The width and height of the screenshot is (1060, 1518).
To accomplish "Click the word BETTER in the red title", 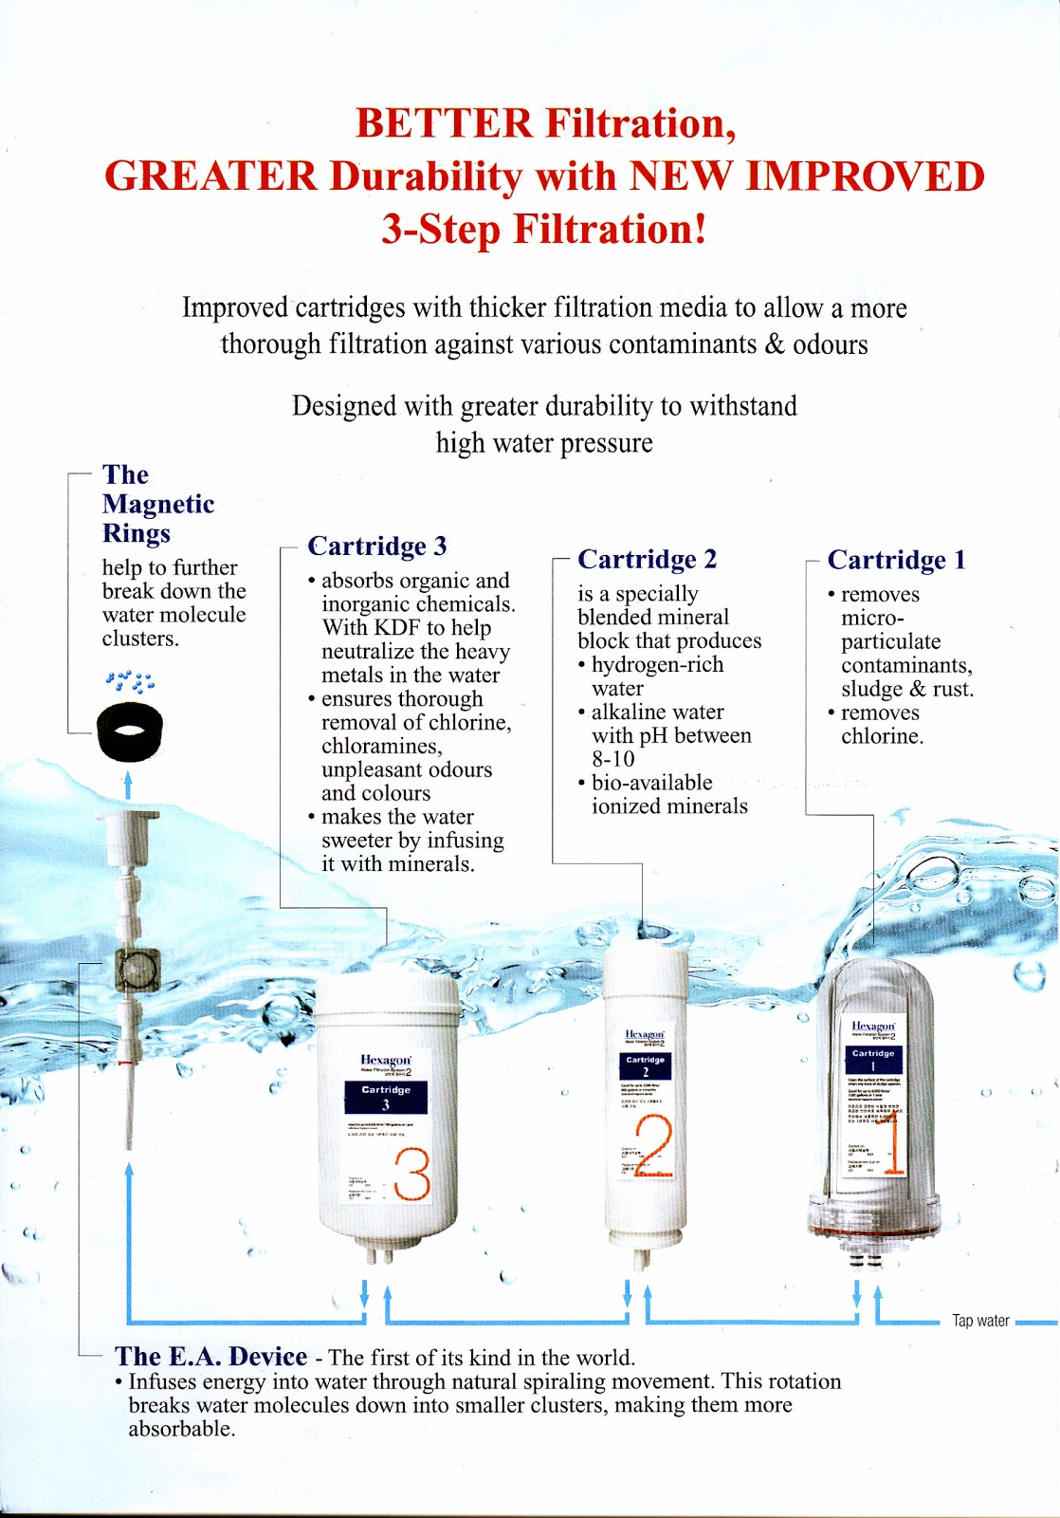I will pos(444,123).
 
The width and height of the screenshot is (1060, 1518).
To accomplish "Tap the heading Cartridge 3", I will pos(376,546).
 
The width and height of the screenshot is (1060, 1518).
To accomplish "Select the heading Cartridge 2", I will pos(647,559).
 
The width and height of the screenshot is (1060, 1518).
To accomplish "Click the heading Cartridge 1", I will pos(896,560).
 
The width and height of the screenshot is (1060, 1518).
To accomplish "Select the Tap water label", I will pos(980,1321).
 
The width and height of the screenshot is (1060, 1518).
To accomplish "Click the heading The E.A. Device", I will pos(210,1356).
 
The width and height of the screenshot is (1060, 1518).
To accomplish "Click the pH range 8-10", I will pos(613,759).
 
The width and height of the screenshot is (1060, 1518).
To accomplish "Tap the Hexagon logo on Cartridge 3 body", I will pos(386,1060).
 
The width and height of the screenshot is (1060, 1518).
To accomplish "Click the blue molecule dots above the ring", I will pos(130,681).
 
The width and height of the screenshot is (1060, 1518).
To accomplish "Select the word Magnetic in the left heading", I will pos(158,504).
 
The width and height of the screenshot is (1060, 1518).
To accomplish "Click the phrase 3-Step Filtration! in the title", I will pos(544,230).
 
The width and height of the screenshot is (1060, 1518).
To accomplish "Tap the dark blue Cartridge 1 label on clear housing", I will pos(873,1059).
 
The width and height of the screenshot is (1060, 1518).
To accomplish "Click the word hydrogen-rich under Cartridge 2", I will pos(657,665).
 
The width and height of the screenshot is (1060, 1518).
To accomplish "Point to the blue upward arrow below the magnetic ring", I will pos(129,784).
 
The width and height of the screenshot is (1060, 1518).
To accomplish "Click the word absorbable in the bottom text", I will pos(180,1429).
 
